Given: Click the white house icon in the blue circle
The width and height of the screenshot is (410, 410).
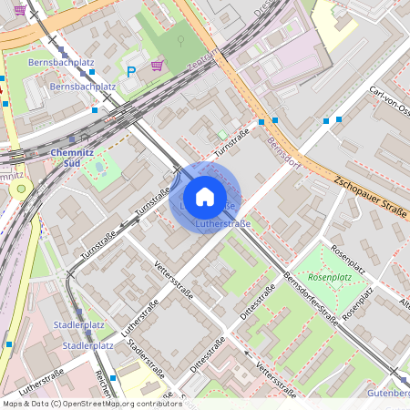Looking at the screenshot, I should click(x=205, y=196).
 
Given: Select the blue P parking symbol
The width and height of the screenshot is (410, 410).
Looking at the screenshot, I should click(x=131, y=70).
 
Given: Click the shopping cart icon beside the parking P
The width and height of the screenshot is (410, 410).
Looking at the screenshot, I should click(x=157, y=65).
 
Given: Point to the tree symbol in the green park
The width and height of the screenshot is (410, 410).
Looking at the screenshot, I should click(x=180, y=40).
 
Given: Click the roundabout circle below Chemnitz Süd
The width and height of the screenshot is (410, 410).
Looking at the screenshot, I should click(x=21, y=190).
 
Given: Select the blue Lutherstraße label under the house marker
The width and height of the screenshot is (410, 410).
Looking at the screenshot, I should click(x=222, y=222).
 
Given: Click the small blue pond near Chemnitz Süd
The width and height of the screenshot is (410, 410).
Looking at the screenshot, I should click(x=99, y=168).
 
